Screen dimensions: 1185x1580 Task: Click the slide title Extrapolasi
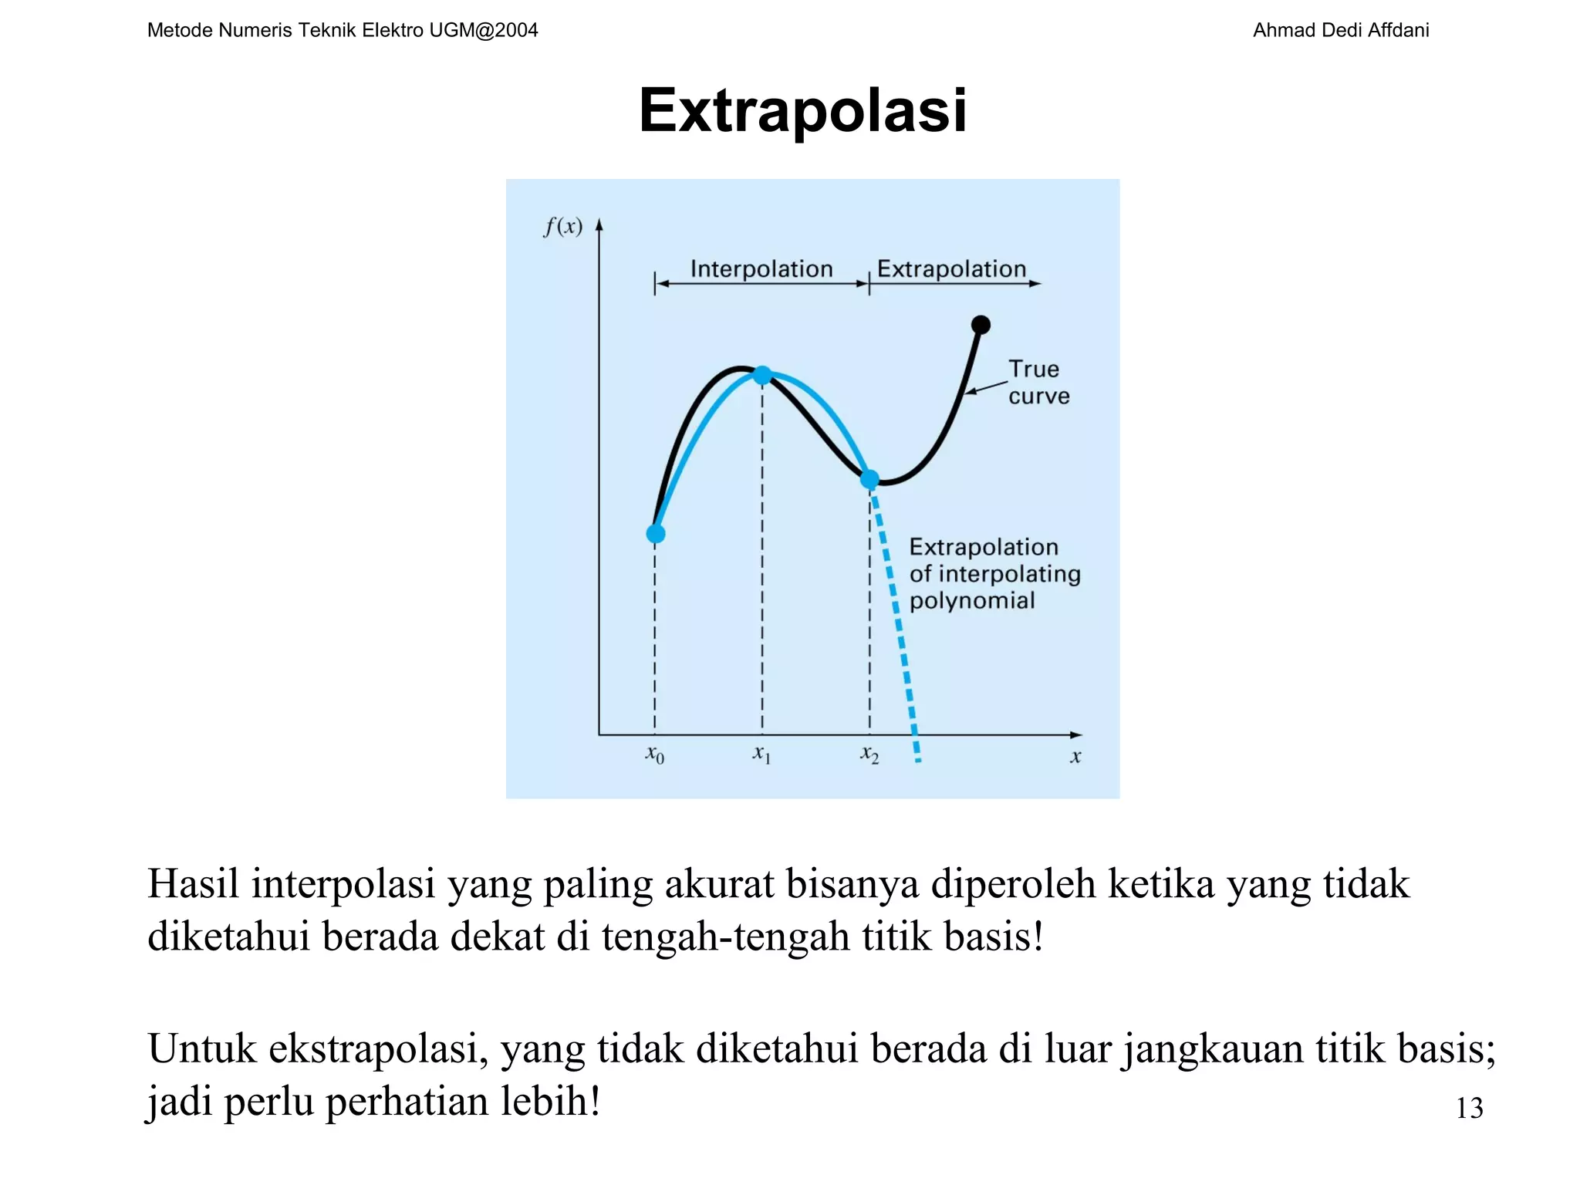802,110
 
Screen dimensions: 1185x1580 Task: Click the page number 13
1469,1108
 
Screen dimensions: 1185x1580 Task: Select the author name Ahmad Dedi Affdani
1340,30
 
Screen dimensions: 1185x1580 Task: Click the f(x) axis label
562,227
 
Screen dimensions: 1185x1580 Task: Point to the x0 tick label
654,755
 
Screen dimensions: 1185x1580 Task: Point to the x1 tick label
761,754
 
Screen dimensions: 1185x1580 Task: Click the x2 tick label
869,755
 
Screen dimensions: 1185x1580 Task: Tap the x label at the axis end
1075,757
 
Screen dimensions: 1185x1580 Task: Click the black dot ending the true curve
981,325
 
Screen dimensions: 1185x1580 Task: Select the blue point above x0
655,533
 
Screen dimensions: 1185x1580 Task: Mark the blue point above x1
762,376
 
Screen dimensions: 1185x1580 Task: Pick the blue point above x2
869,480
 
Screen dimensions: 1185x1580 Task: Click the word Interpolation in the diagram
761,268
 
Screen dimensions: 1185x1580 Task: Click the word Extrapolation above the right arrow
951,268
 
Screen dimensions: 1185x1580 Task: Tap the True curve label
1038,383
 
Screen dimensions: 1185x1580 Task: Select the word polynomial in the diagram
971,600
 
